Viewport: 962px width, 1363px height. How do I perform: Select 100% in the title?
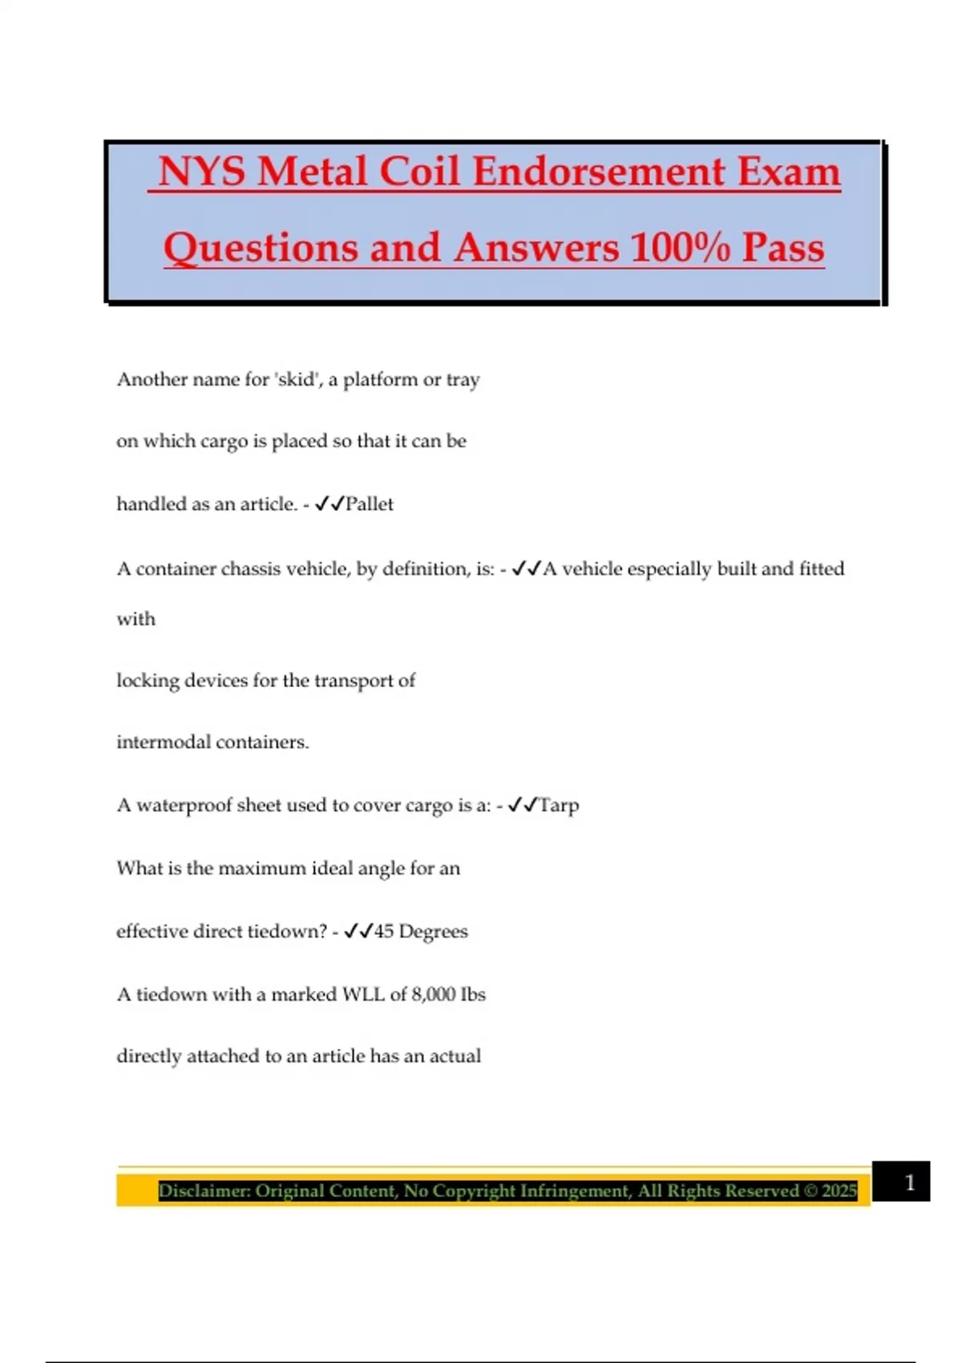pyautogui.click(x=680, y=247)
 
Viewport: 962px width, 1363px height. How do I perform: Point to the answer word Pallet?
pyautogui.click(x=370, y=504)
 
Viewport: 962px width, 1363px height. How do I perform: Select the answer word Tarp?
pyautogui.click(x=559, y=805)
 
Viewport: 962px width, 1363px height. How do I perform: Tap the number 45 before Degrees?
pyautogui.click(x=384, y=932)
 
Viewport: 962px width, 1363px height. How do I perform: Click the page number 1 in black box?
pyautogui.click(x=909, y=1183)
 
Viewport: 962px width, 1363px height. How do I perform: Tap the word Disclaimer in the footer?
pyautogui.click(x=204, y=1191)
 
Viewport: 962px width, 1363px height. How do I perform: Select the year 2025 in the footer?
pyautogui.click(x=839, y=1191)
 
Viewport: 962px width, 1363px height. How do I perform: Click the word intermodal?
pyautogui.click(x=163, y=742)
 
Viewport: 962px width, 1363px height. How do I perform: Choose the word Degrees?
pyautogui.click(x=433, y=932)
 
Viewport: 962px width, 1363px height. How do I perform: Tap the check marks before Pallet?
pyautogui.click(x=329, y=504)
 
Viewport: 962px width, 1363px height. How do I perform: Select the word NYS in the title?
pyautogui.click(x=201, y=172)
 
